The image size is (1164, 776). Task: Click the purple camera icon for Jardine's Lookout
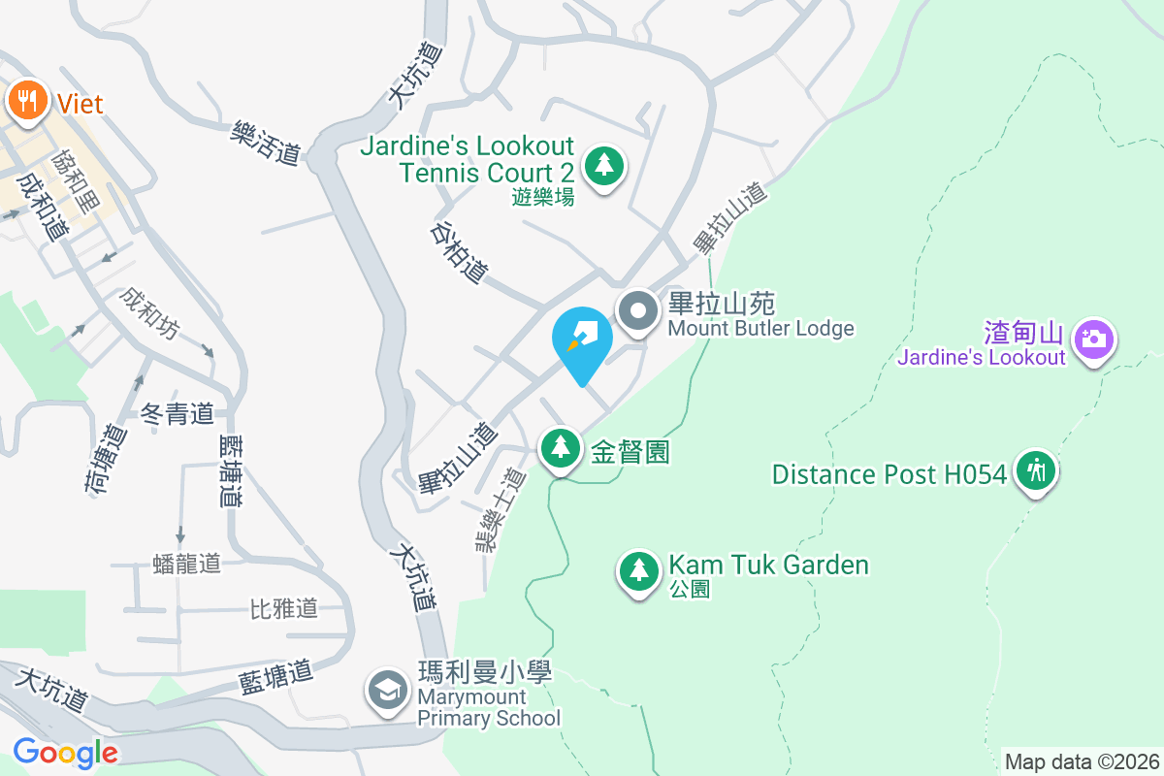click(1093, 339)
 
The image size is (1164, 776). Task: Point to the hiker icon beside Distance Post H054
click(1036, 471)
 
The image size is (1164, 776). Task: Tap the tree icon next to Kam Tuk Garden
click(638, 570)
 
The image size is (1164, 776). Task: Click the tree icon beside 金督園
click(560, 449)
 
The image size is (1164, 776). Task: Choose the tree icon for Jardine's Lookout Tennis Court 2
click(604, 166)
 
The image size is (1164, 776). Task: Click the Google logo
click(65, 752)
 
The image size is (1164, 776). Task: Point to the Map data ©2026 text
click(1082, 761)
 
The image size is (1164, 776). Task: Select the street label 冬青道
click(178, 414)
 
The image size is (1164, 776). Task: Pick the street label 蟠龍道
click(187, 563)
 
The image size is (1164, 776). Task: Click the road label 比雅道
click(283, 609)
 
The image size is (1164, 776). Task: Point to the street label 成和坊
click(149, 312)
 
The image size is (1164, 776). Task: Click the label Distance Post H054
click(889, 474)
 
